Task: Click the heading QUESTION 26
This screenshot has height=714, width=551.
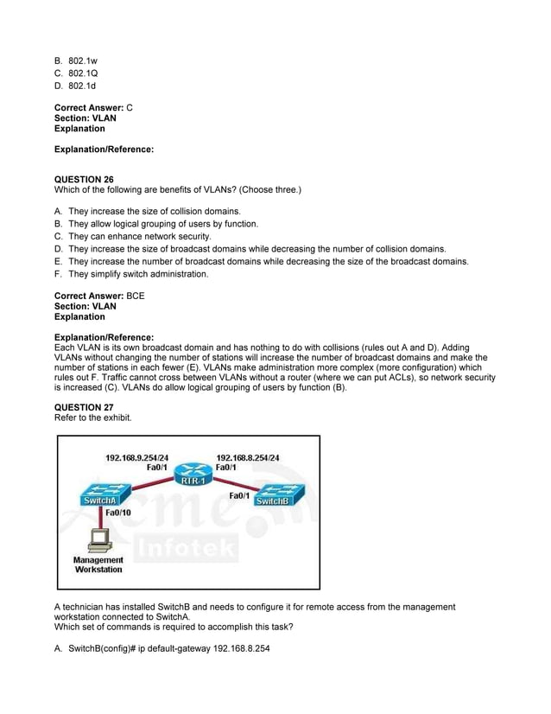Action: (84, 179)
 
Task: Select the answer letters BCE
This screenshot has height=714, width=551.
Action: (136, 296)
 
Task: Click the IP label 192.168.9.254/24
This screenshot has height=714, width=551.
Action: (136, 457)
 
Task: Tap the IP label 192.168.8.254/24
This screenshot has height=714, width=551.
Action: (248, 457)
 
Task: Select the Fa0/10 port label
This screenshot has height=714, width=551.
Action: (118, 513)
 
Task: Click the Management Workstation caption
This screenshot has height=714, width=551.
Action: (98, 565)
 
